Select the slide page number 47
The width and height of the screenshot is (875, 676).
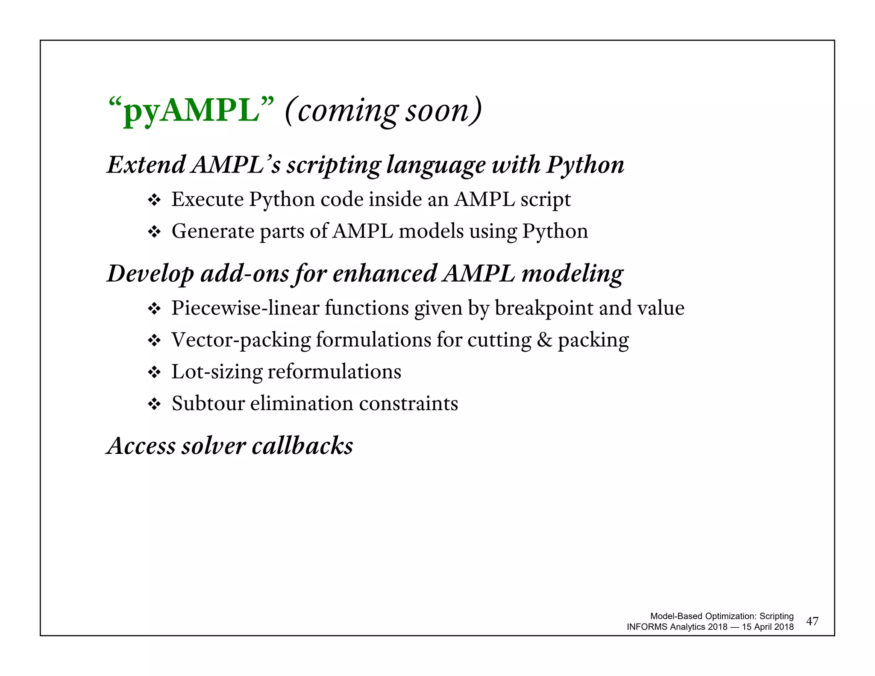point(812,621)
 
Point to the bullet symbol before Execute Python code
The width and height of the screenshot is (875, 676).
point(154,200)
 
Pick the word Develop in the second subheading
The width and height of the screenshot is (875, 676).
point(150,273)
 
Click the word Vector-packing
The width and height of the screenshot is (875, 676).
point(241,340)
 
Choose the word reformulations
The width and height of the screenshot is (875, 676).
point(334,371)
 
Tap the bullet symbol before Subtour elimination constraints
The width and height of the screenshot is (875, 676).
point(154,404)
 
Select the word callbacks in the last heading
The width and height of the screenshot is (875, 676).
point(302,446)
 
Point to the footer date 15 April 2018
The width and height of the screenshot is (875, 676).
point(768,627)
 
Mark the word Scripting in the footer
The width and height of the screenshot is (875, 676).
point(776,616)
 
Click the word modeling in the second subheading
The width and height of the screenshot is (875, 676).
point(572,273)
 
